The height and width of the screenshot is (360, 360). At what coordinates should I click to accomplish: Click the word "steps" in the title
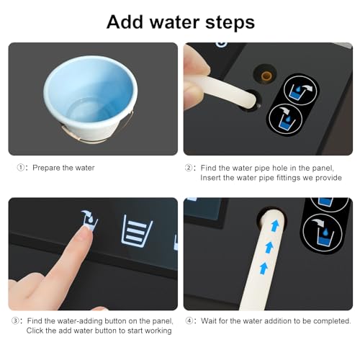tap(230, 22)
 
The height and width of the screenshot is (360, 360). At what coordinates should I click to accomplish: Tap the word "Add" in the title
tap(125, 22)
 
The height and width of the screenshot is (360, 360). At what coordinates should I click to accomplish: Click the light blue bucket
tap(90, 99)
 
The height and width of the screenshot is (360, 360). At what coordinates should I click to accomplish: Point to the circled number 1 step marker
tap(21, 168)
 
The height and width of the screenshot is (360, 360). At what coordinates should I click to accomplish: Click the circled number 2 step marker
tap(189, 168)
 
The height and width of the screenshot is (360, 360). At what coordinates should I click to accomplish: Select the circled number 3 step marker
tap(15, 321)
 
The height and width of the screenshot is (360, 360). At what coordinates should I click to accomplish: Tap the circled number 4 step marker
tap(189, 321)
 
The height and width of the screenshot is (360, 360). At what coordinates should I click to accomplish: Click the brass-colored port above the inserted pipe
tap(266, 76)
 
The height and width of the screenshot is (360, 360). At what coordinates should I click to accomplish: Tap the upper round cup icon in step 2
tap(300, 90)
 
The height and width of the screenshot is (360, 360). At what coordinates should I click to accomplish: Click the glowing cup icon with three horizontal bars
tap(137, 231)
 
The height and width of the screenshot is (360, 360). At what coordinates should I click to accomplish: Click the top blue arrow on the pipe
tap(275, 226)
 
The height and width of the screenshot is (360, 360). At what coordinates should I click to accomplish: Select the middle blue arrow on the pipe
tap(269, 247)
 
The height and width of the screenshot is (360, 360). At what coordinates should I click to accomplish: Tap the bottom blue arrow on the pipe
tap(264, 268)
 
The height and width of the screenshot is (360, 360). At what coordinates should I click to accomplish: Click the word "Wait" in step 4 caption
tap(209, 321)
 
